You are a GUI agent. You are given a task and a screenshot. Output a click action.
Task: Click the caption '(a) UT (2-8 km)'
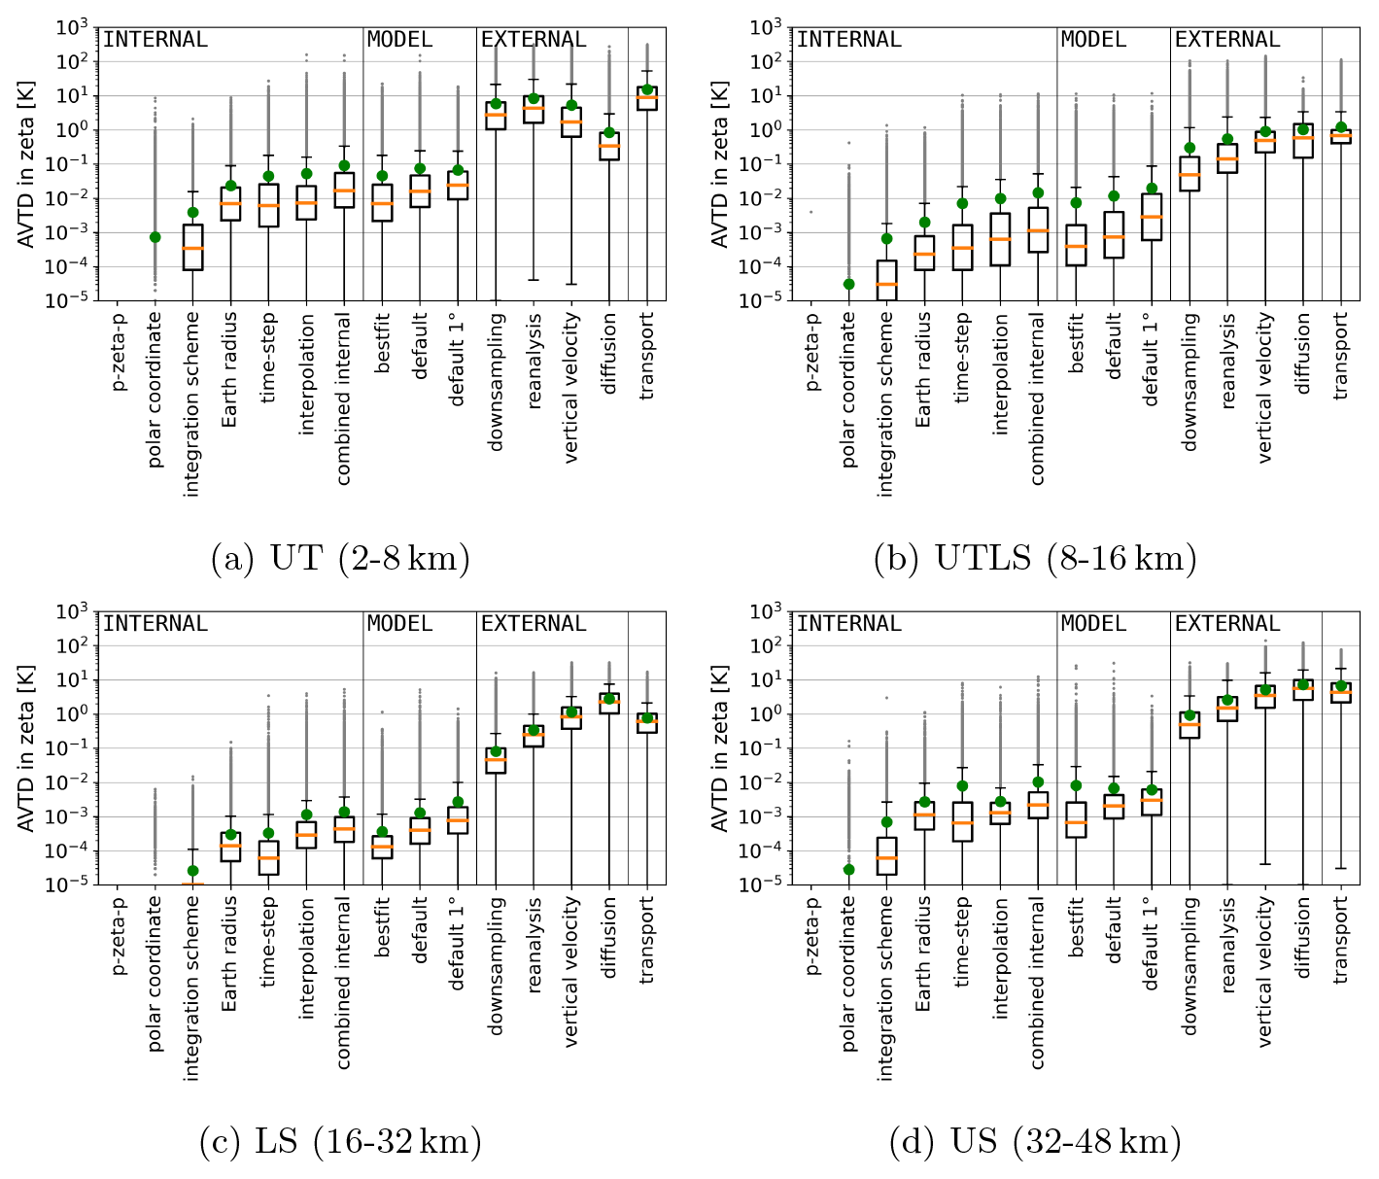coord(340,559)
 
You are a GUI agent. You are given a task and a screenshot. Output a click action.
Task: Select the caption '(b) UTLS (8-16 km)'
coord(1035,559)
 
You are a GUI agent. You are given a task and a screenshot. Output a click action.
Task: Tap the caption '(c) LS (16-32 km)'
coord(340,1142)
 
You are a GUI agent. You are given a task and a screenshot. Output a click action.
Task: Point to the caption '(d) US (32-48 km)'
coord(1035,1142)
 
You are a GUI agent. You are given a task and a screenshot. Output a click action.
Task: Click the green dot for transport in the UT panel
coord(647,89)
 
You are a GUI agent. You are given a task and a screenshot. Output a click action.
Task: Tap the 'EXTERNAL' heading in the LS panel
coord(534,624)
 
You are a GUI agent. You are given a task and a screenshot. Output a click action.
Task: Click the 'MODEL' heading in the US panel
coord(1093,624)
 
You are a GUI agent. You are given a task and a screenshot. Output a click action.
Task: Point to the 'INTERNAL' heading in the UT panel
coord(155,40)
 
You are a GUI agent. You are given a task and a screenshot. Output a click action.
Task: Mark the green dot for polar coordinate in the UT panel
coord(155,237)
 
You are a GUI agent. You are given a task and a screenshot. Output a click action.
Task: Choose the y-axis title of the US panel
coord(720,747)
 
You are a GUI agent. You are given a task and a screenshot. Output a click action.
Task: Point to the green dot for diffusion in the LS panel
coord(609,699)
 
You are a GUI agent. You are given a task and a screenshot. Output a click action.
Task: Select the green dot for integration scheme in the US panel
coord(886,822)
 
